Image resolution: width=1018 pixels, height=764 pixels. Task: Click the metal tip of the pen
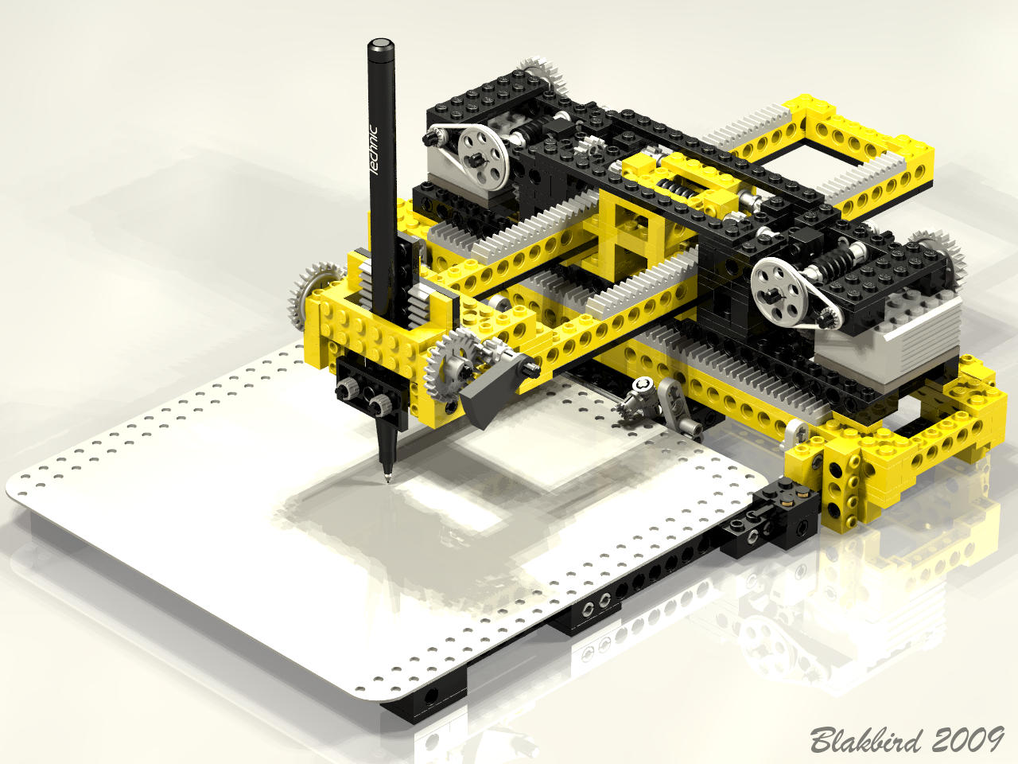click(x=387, y=477)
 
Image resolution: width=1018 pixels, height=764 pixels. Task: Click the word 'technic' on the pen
click(x=375, y=150)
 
